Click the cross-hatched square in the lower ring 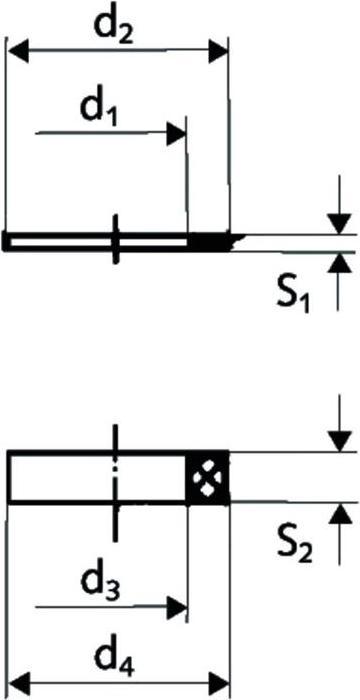208,476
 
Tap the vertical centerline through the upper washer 117,240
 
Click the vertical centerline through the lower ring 117,476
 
